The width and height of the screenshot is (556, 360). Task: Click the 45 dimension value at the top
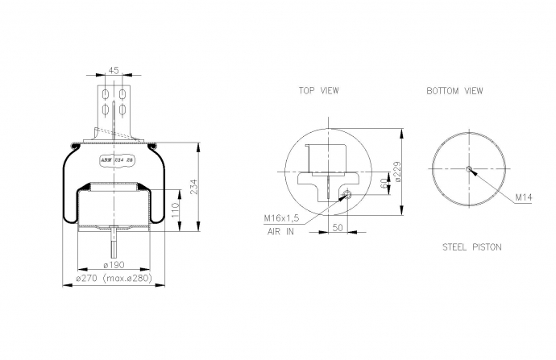point(114,71)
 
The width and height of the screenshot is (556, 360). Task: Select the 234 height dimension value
point(194,187)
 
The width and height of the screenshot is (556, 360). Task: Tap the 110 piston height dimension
point(176,210)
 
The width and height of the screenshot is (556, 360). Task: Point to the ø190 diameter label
point(114,265)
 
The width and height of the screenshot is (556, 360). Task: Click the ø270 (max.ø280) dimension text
point(114,278)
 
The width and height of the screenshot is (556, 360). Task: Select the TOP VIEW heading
point(319,91)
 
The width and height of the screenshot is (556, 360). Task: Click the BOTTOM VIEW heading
point(454,91)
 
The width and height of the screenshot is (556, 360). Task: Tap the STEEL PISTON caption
point(472,247)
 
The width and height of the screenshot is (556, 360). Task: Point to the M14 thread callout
point(524,197)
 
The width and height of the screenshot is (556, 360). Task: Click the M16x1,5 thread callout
point(281,218)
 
